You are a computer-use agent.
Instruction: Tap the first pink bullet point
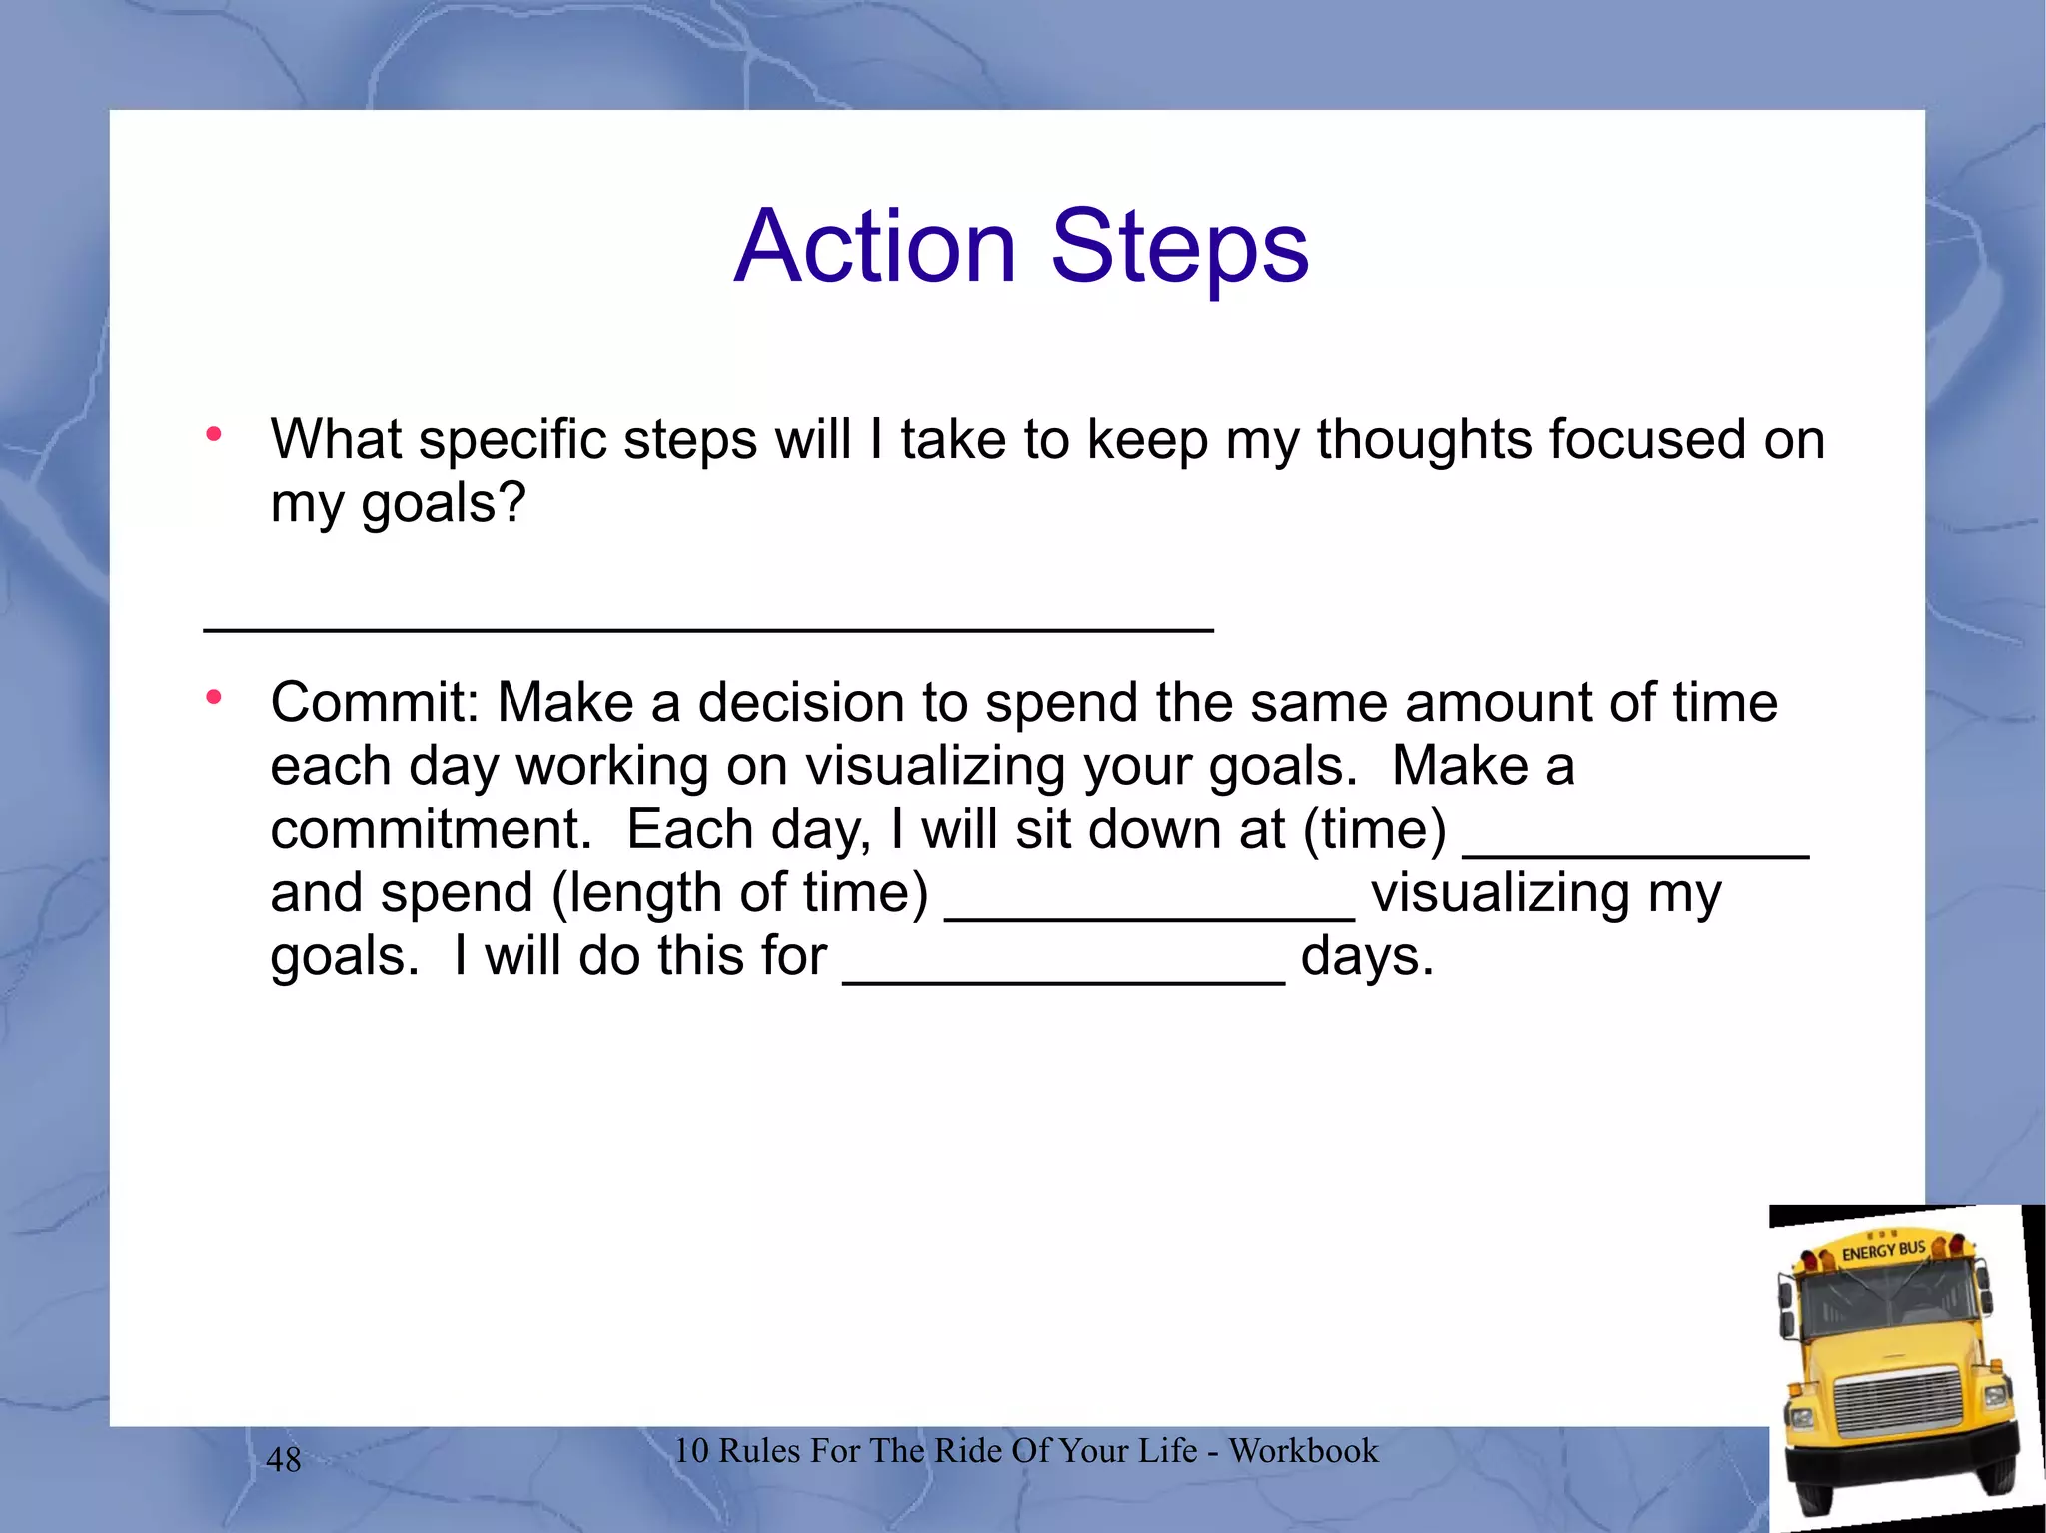pos(213,434)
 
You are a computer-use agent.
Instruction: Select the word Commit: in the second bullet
pos(375,702)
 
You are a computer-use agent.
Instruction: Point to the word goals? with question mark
pos(443,503)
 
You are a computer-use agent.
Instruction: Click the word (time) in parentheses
pos(1374,830)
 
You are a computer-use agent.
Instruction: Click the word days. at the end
pos(1367,957)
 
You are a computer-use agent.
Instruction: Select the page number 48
pos(284,1460)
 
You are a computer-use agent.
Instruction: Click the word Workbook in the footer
pos(1303,1451)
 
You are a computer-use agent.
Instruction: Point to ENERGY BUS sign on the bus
pos(1882,1250)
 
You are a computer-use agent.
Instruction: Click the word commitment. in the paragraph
pos(432,830)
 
